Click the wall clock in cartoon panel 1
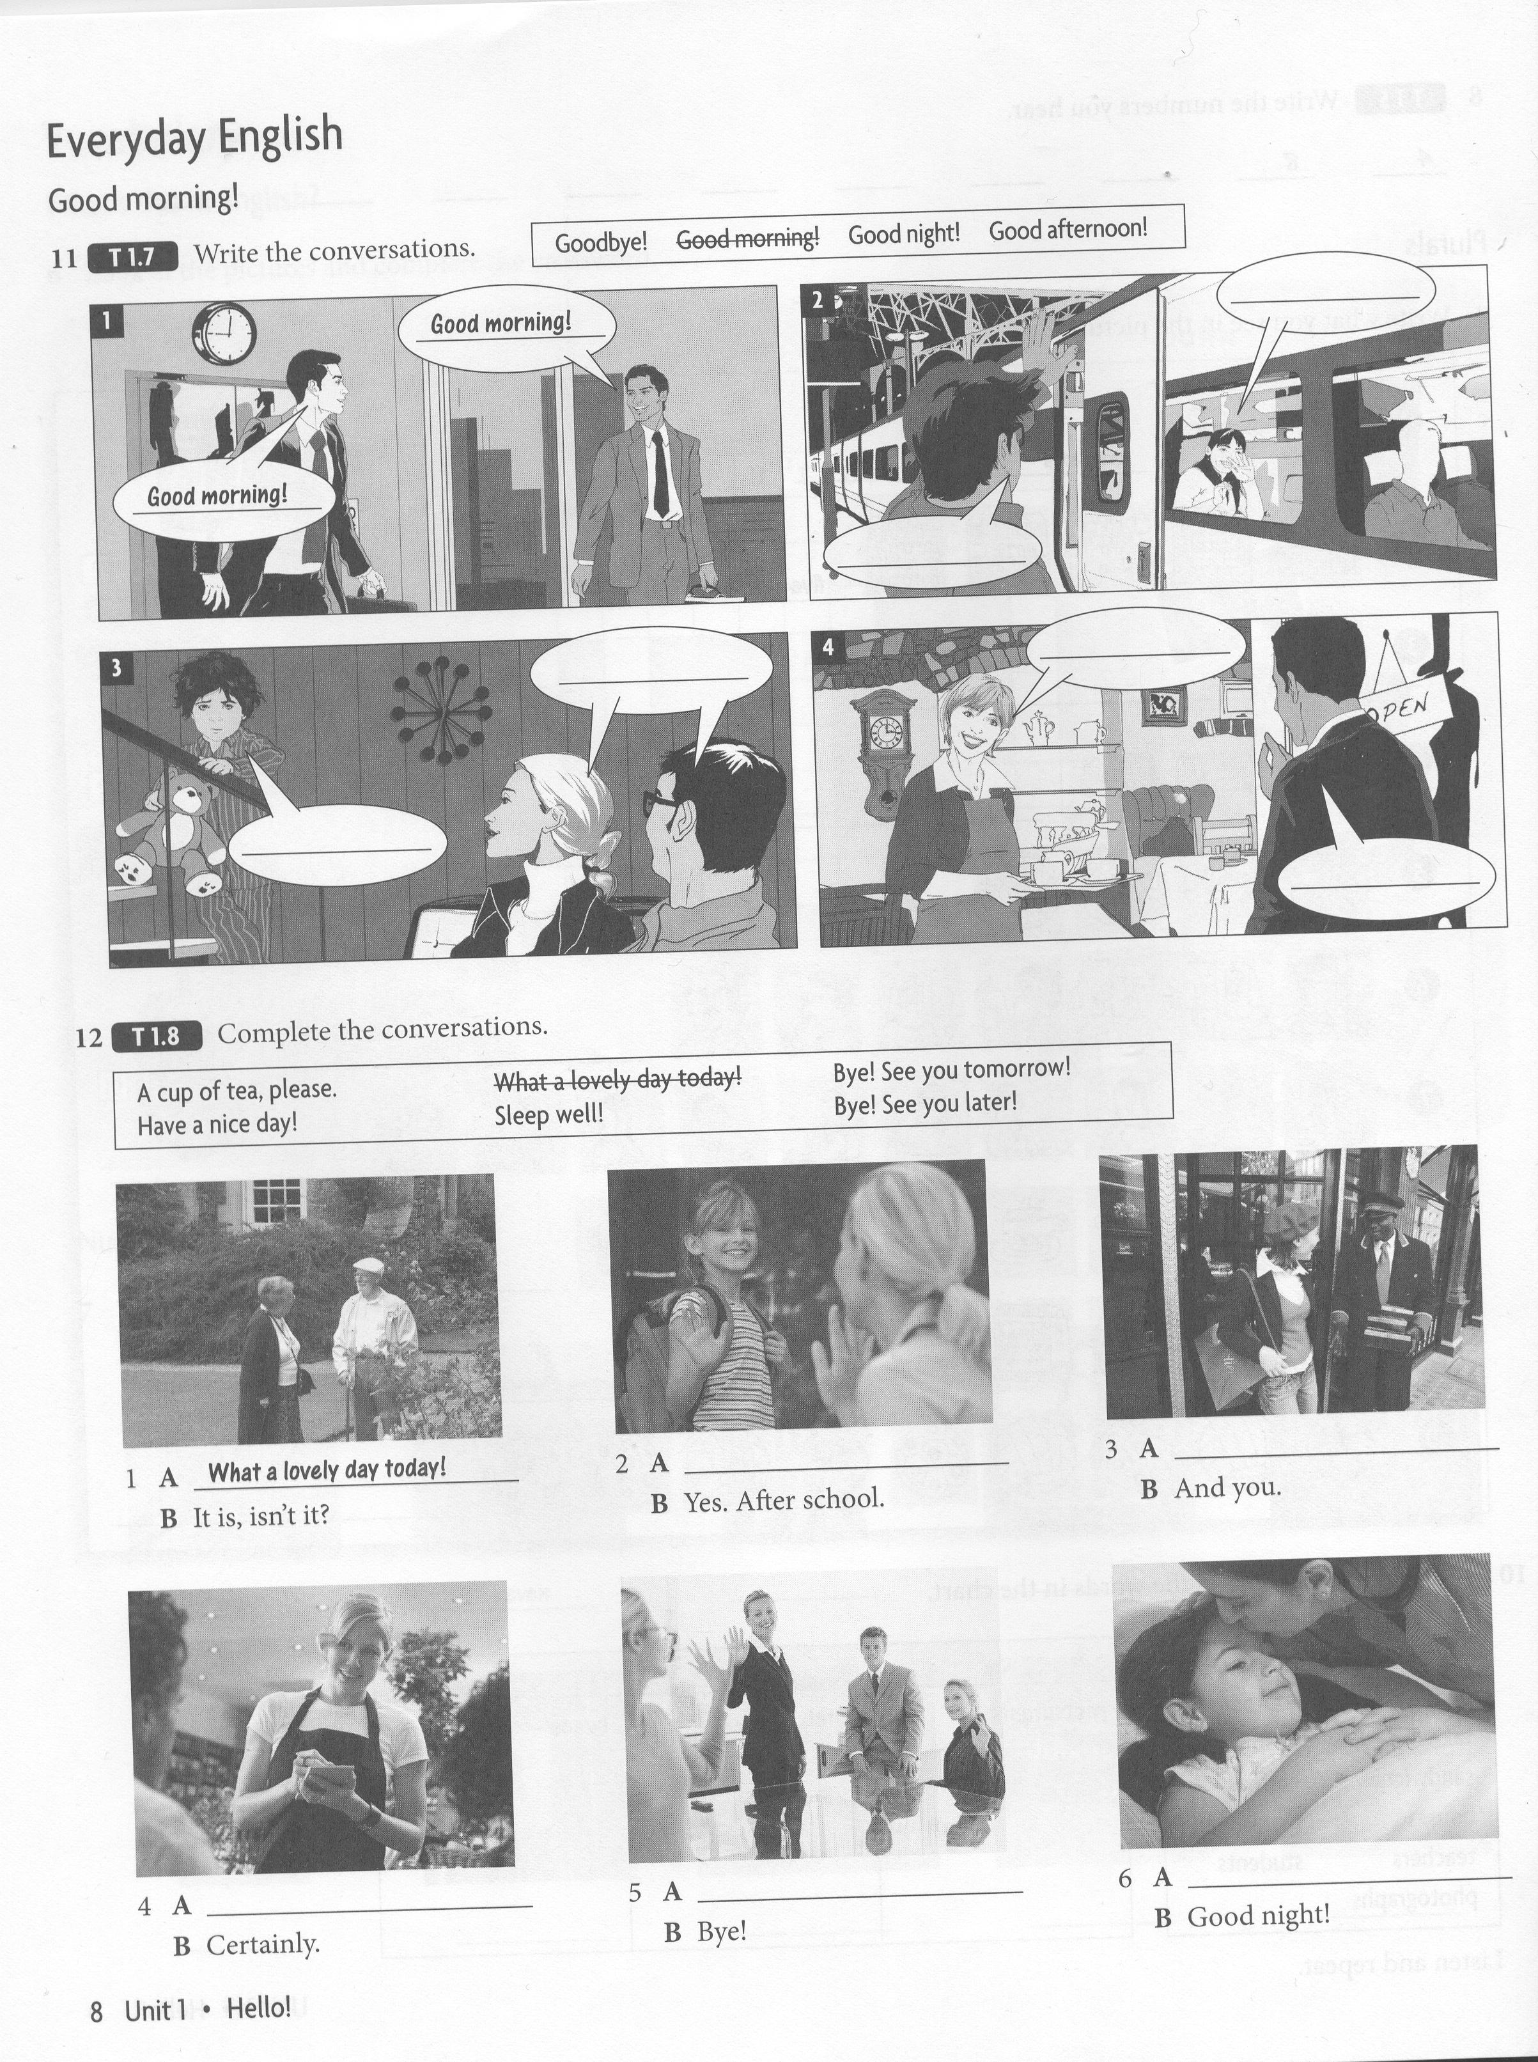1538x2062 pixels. tap(224, 332)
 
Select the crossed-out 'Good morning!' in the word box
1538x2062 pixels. tap(747, 239)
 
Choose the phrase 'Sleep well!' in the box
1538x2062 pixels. tap(548, 1113)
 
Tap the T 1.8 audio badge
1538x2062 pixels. tap(157, 1036)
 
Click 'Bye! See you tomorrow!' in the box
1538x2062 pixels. tap(951, 1068)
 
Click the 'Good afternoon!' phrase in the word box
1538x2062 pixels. tap(1068, 229)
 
